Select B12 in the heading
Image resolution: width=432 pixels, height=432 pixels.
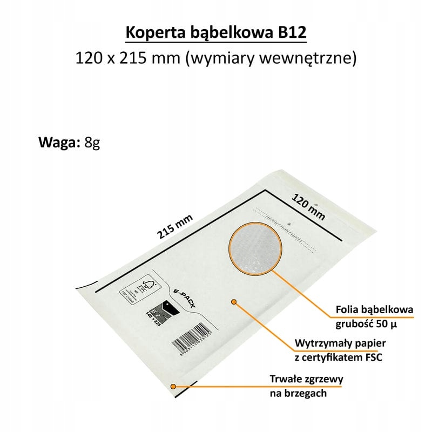[292, 33]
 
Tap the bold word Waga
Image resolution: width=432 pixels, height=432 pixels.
[59, 143]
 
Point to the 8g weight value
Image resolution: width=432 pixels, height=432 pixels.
[92, 143]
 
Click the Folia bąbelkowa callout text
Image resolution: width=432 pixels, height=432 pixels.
[374, 310]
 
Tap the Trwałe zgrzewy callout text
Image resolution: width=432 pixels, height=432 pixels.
[306, 379]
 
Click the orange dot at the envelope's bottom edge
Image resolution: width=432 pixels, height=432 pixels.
[173, 386]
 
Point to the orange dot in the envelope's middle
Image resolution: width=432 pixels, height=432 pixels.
[234, 301]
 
